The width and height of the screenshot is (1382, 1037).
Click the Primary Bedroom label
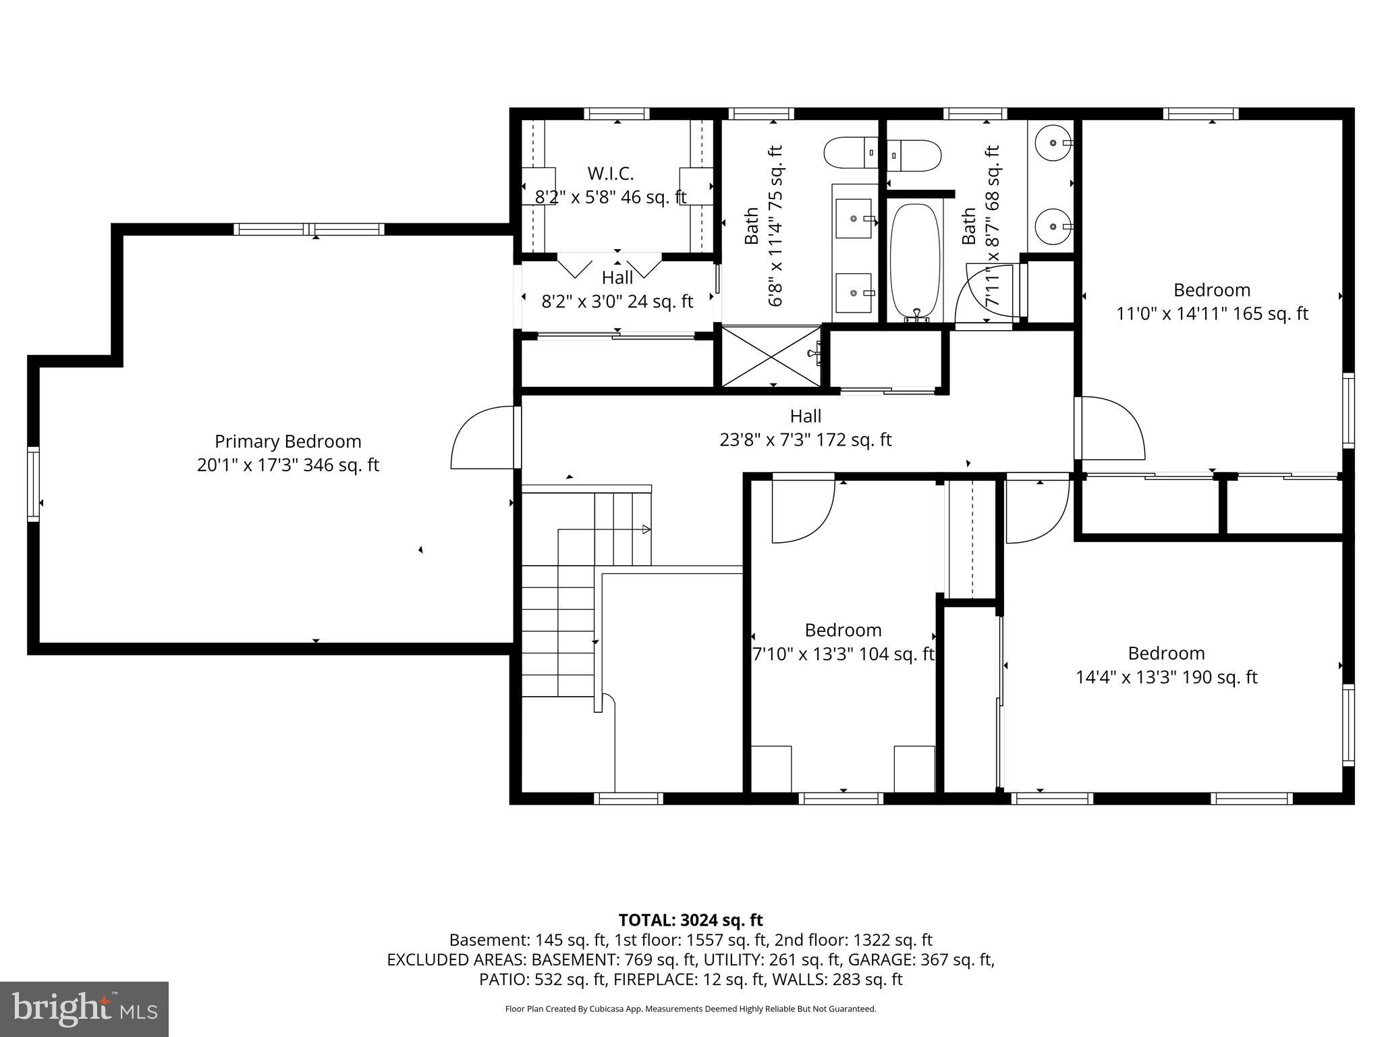click(288, 442)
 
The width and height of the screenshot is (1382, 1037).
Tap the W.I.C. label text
click(610, 174)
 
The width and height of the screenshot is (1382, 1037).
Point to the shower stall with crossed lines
click(770, 356)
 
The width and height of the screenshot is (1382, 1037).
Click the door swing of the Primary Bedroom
click(480, 437)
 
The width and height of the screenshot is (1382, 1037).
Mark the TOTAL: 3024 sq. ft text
click(690, 920)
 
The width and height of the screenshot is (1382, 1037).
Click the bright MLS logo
click(84, 1009)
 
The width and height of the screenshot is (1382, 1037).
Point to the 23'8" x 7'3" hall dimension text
click(805, 440)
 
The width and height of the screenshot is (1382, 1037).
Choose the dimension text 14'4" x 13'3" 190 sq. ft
click(1166, 677)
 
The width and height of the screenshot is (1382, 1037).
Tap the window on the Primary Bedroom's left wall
click(33, 483)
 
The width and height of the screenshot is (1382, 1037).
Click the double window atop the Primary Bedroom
click(309, 230)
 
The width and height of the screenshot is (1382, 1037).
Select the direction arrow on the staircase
click(646, 529)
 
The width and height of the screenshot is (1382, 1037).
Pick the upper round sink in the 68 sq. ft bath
click(1053, 143)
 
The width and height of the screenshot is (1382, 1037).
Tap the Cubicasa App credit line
click(690, 1009)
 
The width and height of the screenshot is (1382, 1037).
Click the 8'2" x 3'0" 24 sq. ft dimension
click(617, 301)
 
